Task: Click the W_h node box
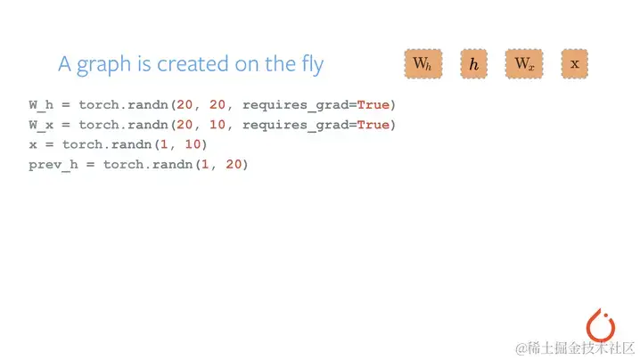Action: point(421,63)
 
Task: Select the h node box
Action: point(473,63)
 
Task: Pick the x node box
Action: point(574,63)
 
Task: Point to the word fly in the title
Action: point(309,65)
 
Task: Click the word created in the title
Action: point(188,64)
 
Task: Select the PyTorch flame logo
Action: point(602,323)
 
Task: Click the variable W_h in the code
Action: point(41,105)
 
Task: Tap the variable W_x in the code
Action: point(41,125)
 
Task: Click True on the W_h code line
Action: point(373,105)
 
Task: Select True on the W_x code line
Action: point(373,125)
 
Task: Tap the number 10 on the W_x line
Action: point(217,125)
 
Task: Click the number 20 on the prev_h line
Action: point(234,165)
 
